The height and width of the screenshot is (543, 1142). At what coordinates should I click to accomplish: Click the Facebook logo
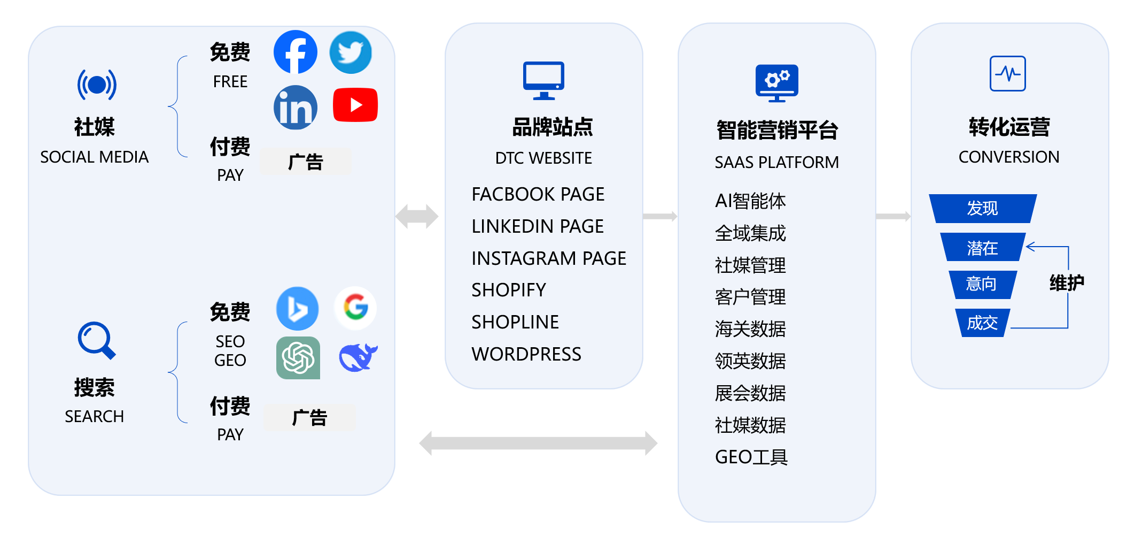point(295,52)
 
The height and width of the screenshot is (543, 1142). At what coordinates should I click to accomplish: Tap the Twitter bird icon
point(351,52)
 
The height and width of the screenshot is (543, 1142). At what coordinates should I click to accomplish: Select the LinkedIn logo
point(295,108)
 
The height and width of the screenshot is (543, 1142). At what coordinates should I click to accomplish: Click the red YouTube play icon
point(355,105)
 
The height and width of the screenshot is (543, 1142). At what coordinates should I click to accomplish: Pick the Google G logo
point(355,308)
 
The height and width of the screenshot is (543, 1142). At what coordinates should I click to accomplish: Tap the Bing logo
point(297,309)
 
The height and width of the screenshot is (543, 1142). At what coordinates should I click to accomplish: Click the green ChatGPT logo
point(298,357)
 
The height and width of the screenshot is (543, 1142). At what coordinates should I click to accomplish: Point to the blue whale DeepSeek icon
point(358,357)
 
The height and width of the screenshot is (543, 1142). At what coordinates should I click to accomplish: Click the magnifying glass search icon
point(96,340)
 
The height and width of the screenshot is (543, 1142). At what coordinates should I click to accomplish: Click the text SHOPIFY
point(508,290)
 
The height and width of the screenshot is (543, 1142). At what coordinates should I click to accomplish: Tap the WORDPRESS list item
point(526,354)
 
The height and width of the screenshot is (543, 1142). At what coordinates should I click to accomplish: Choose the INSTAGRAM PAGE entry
point(548,258)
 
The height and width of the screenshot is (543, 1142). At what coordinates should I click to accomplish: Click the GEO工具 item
point(751,457)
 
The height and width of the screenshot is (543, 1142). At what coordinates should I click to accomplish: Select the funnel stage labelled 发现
point(982,208)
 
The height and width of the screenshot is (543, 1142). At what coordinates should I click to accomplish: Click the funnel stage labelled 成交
point(982,323)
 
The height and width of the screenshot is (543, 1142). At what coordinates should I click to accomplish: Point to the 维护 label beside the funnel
point(1067,282)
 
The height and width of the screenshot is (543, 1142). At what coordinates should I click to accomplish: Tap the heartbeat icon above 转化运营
point(1007,73)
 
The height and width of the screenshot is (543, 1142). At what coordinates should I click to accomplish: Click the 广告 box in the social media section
point(306,162)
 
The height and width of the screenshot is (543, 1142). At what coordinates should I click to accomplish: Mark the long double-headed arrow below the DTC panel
point(538,443)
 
